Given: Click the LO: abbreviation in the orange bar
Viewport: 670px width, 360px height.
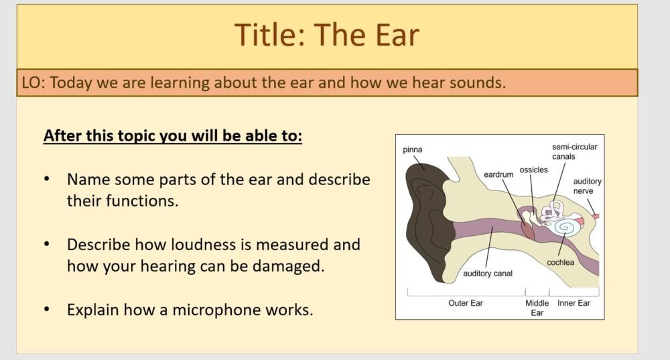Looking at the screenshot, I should (33, 83).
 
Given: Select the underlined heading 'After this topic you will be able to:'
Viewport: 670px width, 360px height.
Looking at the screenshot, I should (173, 136).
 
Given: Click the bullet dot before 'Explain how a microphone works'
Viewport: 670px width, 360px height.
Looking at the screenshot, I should (46, 310).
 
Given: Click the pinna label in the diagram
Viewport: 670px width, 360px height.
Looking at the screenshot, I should (413, 149).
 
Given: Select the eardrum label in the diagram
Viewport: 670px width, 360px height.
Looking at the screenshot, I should (498, 174).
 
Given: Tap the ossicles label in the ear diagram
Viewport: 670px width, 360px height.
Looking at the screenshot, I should (533, 170).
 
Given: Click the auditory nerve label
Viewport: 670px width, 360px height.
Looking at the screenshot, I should (588, 186).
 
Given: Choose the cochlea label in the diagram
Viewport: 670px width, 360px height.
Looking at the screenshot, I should (560, 262).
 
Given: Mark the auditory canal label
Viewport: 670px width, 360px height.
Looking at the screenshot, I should (488, 274).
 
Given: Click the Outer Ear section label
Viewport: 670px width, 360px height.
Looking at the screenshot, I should (465, 303).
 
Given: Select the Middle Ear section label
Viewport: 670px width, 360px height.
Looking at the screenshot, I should (537, 308).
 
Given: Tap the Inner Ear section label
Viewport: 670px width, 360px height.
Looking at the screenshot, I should (574, 303).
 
